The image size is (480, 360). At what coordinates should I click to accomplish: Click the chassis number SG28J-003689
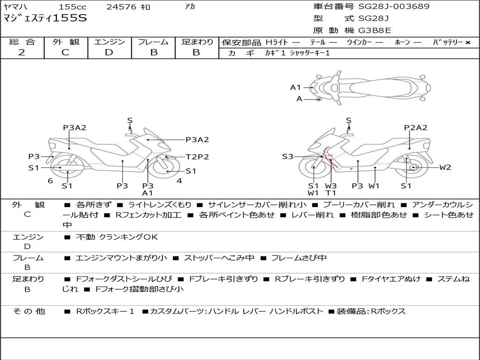coord(394,7)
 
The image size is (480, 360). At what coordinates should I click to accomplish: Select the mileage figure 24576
coord(121,7)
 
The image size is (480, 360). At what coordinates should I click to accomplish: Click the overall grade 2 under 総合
coord(22,52)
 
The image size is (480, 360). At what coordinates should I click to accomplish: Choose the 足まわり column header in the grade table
coord(197,42)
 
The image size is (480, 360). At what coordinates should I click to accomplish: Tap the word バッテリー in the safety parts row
coord(448,42)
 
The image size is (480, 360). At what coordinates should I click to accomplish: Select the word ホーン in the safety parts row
coord(403,42)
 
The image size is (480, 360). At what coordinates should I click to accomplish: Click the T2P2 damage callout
coord(197,157)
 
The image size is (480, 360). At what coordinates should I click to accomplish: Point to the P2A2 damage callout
coord(416,127)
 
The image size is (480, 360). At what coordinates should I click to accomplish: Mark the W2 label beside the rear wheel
coord(445,167)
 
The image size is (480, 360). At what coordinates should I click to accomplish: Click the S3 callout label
coord(287,157)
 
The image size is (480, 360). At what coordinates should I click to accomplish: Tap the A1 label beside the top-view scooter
coord(295,87)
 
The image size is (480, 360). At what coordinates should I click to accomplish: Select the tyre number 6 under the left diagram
coord(50,181)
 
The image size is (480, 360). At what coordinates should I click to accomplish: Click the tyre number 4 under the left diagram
coord(179,181)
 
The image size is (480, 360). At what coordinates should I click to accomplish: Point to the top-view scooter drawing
coord(370,87)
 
